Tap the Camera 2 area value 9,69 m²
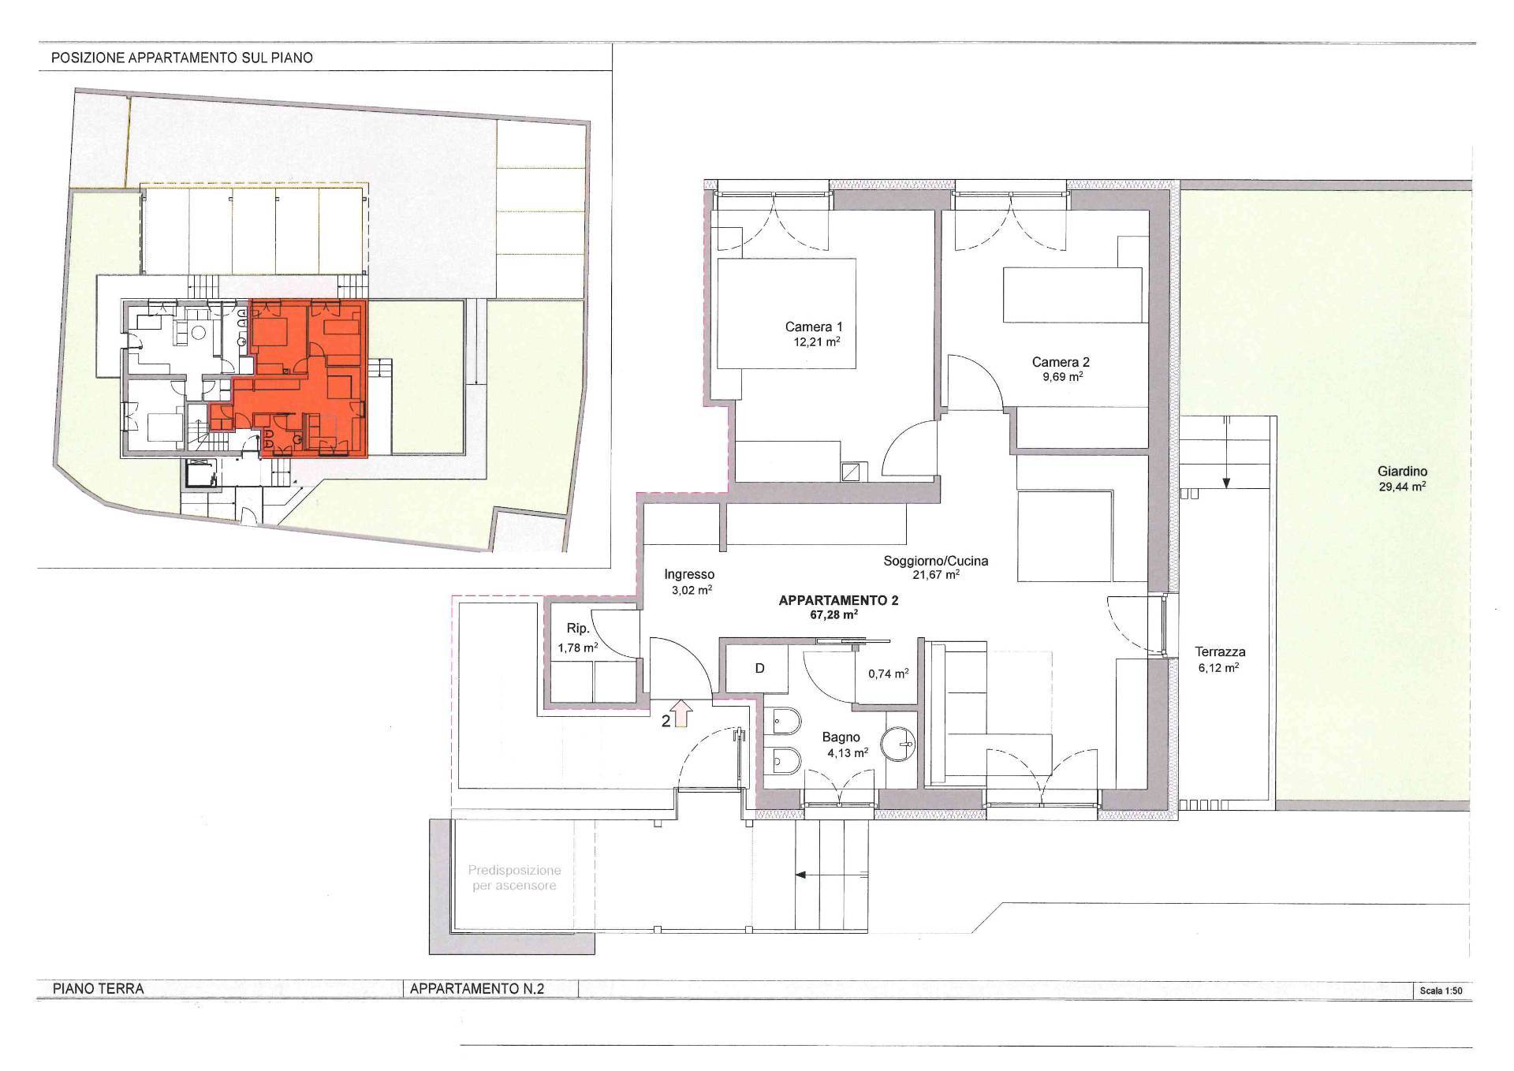tap(1061, 377)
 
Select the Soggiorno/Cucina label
tap(936, 561)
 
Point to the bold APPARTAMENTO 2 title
tap(838, 600)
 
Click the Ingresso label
tap(689, 574)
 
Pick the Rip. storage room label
tap(578, 629)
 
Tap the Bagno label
tap(841, 737)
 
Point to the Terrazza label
tap(1220, 652)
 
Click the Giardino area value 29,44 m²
tap(1403, 487)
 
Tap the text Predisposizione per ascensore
tap(514, 878)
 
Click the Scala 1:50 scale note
tap(1441, 991)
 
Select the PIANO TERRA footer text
tap(98, 988)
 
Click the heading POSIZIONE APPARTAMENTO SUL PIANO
tap(181, 58)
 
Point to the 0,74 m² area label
tap(889, 673)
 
